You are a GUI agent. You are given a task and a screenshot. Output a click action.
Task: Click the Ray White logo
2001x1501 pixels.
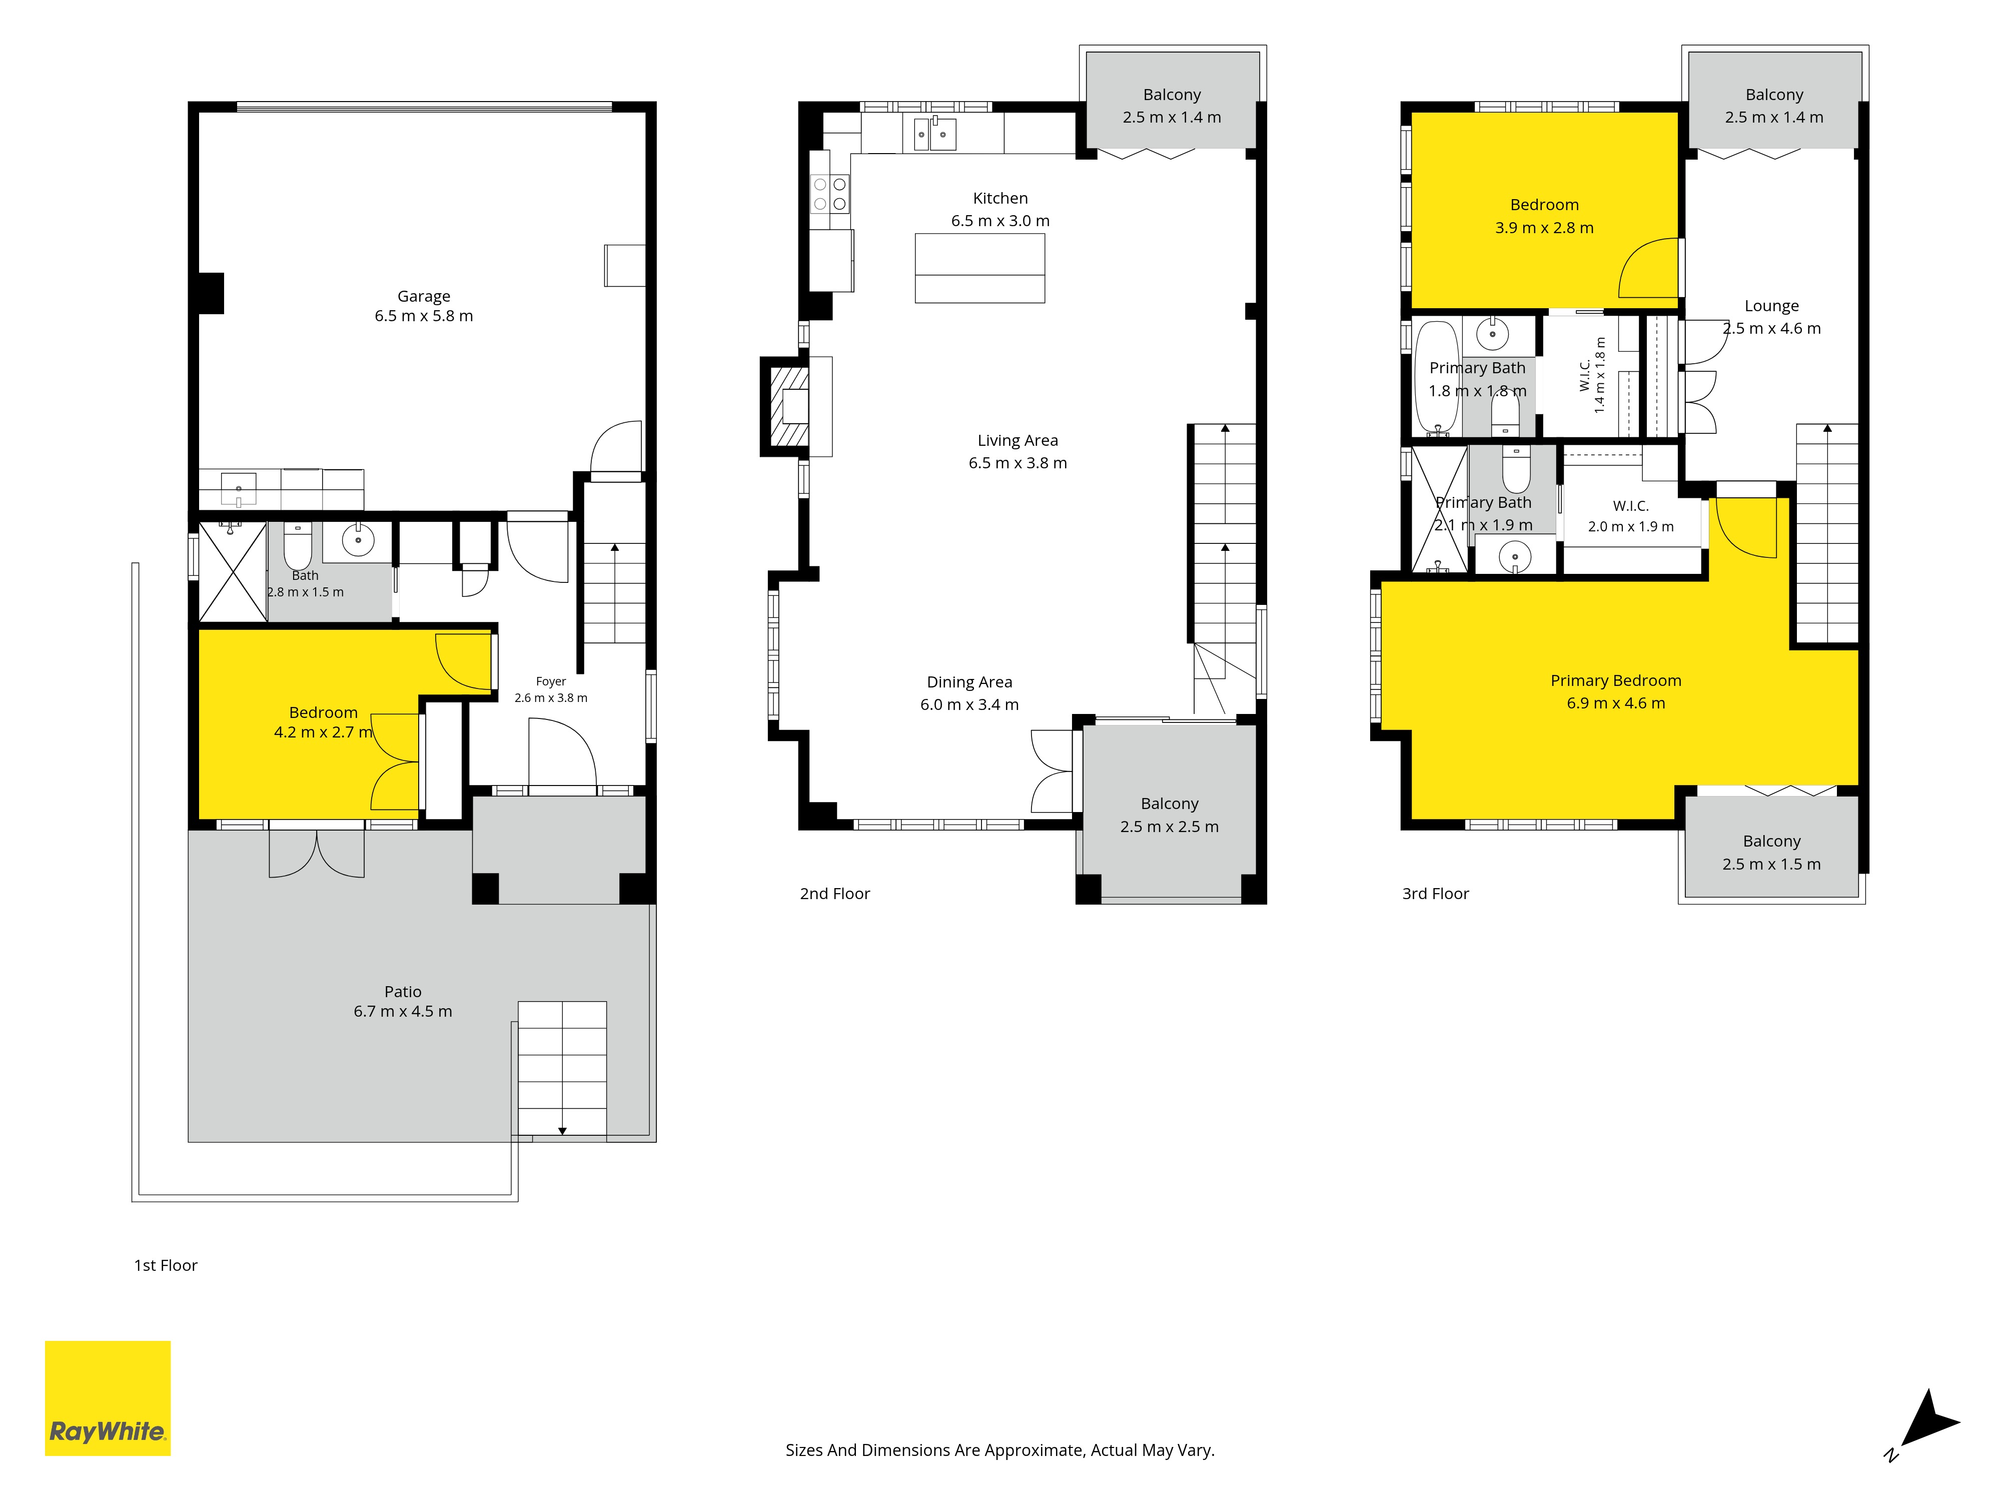point(108,1398)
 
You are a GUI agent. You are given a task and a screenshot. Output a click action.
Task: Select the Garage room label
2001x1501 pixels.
point(423,296)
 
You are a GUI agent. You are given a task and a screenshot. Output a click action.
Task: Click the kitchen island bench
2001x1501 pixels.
point(979,268)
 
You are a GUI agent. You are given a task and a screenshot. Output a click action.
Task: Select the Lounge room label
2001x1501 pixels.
point(1771,306)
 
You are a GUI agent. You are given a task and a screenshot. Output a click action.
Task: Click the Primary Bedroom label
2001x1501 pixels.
point(1616,680)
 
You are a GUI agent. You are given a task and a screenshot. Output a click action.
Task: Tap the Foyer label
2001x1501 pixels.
point(551,681)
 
